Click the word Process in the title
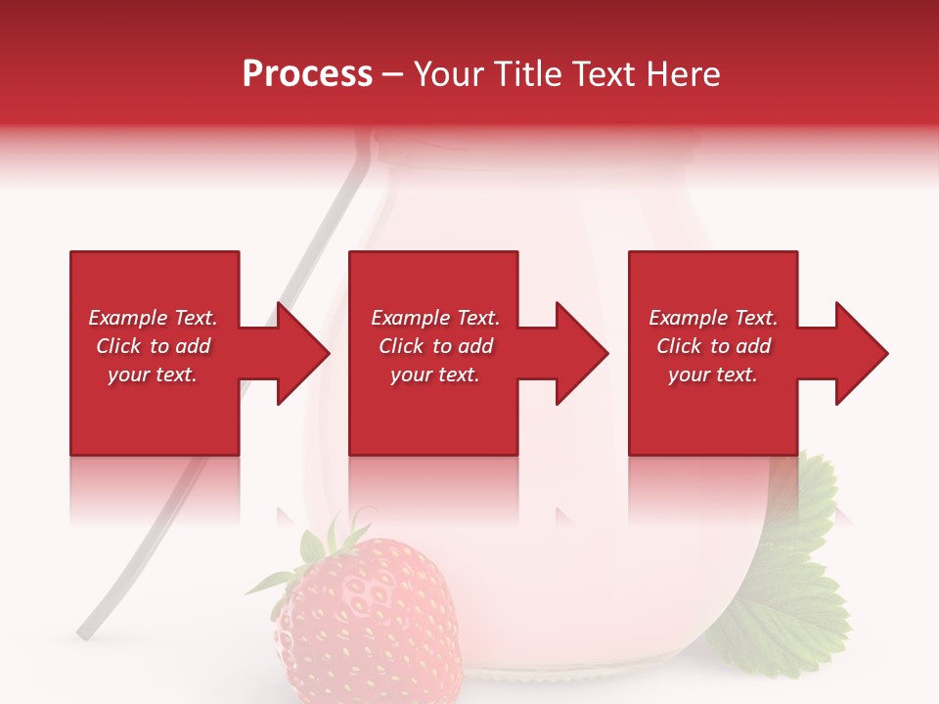pos(306,74)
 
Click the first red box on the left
pos(154,411)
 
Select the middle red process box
pos(433,411)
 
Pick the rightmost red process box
pos(712,411)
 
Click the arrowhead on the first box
pos(302,353)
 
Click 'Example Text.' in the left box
pos(153,318)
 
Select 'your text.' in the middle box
pos(434,374)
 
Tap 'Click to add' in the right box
pos(713,346)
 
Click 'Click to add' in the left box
pos(153,346)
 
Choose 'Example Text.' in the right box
pos(713,318)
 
